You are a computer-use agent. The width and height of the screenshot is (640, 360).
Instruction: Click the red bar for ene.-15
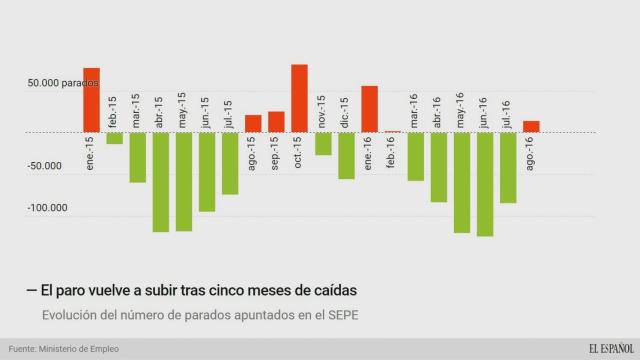(x=91, y=100)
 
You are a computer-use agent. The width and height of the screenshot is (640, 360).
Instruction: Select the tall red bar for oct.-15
(x=299, y=98)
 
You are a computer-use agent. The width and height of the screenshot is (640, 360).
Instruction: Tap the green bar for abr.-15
(x=160, y=181)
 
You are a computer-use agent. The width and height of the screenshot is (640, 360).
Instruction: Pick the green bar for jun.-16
(x=485, y=183)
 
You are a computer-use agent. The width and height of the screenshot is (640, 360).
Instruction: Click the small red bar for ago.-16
(x=531, y=126)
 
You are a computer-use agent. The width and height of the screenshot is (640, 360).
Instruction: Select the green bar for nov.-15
(x=323, y=143)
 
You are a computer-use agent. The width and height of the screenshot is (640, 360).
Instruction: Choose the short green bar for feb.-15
(x=114, y=137)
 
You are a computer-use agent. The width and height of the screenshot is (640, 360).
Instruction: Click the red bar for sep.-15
(x=276, y=121)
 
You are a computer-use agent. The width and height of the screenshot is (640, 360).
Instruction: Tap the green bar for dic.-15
(x=346, y=155)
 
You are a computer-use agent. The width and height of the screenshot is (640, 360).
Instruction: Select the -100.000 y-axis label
(x=45, y=208)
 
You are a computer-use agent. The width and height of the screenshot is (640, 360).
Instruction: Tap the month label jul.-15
(x=229, y=113)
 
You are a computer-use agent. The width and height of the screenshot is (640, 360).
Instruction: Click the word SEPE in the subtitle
(x=338, y=316)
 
